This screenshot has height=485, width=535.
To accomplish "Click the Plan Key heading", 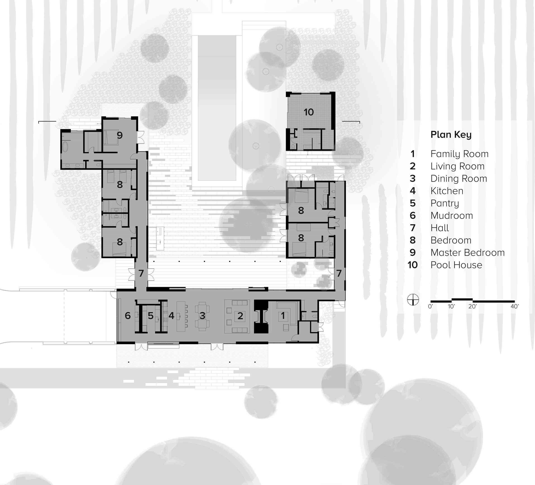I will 451,135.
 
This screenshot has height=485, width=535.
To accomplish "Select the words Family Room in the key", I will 459,154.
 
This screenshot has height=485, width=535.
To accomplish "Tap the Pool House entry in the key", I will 456,265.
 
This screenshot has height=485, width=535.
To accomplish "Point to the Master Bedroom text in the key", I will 467,253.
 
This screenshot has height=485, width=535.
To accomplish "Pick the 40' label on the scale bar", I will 515,307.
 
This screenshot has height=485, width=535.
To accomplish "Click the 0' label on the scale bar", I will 430,307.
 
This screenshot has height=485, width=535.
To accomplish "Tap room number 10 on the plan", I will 309,112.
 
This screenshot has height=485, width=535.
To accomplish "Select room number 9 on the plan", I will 120,135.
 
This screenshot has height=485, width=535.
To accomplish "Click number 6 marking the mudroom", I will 128,316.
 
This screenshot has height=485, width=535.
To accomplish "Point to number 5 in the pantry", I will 150,316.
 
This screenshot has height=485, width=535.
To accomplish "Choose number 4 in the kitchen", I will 172,316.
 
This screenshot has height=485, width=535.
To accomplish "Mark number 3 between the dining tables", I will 202,316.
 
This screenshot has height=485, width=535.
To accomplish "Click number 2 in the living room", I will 240,316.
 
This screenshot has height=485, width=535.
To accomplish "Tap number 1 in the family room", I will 283,316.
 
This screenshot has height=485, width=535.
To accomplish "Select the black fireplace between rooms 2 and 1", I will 261,316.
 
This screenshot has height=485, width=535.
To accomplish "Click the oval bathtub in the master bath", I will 65,147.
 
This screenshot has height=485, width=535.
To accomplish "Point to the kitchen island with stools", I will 181,316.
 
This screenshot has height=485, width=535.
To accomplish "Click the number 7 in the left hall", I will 141,273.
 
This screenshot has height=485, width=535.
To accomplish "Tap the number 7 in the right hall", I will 339,273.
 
